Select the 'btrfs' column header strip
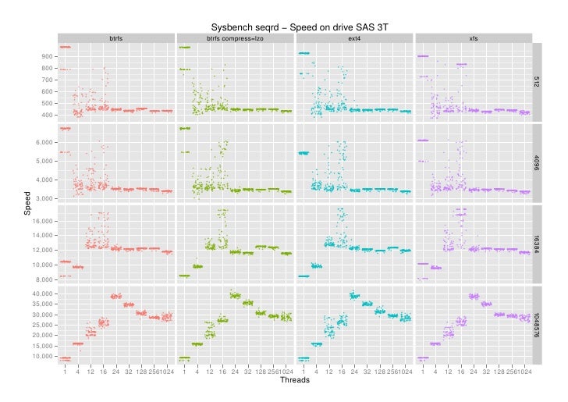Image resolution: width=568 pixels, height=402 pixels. tap(115, 38)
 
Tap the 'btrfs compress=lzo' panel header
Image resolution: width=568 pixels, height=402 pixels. tap(235, 38)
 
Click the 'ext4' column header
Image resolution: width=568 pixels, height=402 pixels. tap(354, 38)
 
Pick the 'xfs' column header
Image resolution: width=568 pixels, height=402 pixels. tap(474, 38)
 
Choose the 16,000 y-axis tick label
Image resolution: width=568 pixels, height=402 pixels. tap(42, 222)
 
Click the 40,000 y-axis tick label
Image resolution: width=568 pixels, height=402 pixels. tap(42, 293)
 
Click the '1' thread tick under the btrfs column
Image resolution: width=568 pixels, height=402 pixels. tap(65, 372)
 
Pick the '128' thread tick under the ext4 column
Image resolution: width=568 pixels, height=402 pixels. tap(379, 372)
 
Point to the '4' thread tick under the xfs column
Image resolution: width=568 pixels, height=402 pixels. tap(436, 372)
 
